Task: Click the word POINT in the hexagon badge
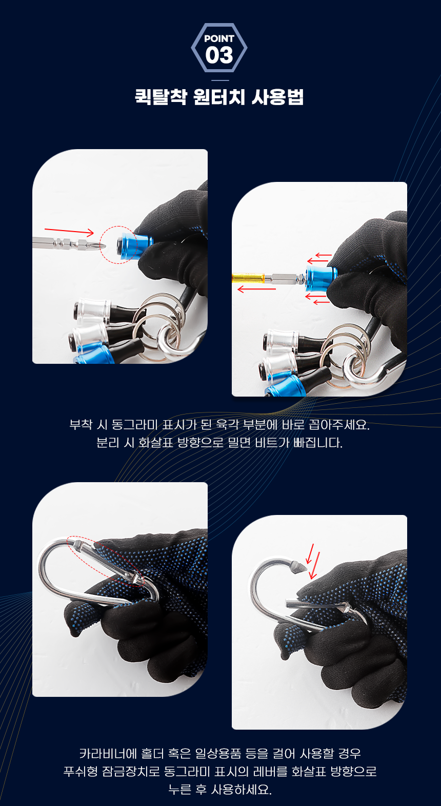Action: (x=219, y=38)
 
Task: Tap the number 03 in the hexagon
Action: (x=219, y=55)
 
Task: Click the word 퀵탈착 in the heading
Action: (x=161, y=97)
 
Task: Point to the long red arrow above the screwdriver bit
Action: (x=69, y=231)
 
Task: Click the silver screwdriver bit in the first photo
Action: (x=68, y=244)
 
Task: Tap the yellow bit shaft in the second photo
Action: (x=248, y=278)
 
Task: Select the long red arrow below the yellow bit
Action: (x=257, y=289)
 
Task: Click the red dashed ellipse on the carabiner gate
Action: (x=106, y=561)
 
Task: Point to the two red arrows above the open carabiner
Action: (x=312, y=561)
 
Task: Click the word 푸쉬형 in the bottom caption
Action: (x=81, y=771)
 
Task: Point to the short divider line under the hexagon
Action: (x=220, y=80)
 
